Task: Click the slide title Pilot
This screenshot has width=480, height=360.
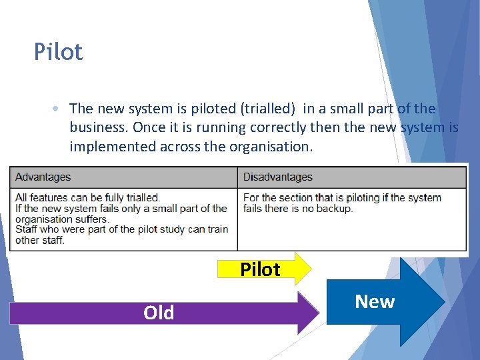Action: pyautogui.click(x=59, y=52)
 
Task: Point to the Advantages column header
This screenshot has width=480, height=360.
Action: pyautogui.click(x=43, y=177)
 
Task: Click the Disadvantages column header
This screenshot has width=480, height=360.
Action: pyautogui.click(x=277, y=177)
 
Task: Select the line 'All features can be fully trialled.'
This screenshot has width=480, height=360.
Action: pyautogui.click(x=87, y=197)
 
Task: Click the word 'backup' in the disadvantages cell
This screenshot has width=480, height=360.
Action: pyautogui.click(x=335, y=208)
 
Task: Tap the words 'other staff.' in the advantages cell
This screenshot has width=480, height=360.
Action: pyautogui.click(x=39, y=240)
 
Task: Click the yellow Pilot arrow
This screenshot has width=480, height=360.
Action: pyautogui.click(x=264, y=269)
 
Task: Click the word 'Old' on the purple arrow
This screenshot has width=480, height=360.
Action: pyautogui.click(x=159, y=313)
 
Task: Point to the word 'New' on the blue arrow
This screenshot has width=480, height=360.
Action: pyautogui.click(x=375, y=302)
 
